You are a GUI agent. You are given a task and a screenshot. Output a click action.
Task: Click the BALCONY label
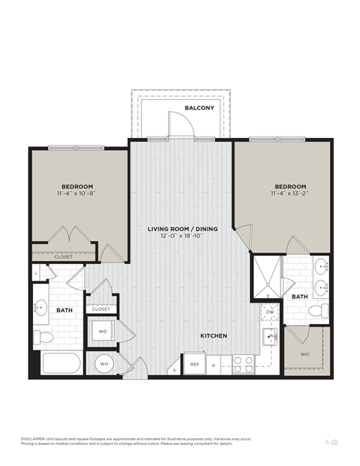click(x=199, y=108)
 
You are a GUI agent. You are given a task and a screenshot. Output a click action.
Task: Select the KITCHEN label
click(x=213, y=335)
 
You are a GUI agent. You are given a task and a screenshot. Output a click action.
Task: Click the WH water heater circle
click(x=103, y=364)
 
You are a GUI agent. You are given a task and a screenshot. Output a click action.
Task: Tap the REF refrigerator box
click(x=194, y=364)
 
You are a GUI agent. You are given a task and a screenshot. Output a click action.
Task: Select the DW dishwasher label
click(x=269, y=312)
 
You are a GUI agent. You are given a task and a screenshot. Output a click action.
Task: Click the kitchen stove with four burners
click(x=244, y=364)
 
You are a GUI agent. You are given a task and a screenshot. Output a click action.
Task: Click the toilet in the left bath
click(x=42, y=335)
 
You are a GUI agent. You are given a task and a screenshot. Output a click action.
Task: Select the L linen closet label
click(x=37, y=273)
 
